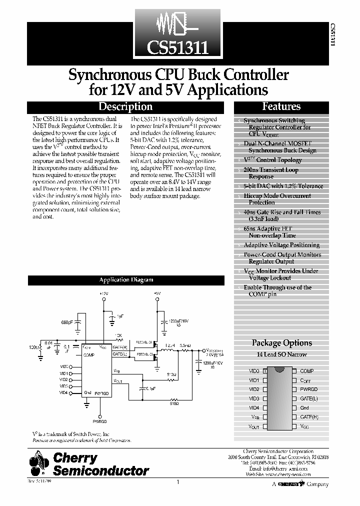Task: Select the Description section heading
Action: pyautogui.click(x=125, y=106)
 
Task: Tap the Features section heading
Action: pyautogui.click(x=281, y=106)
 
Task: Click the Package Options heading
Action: pyautogui.click(x=281, y=343)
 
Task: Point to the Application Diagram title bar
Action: pyautogui.click(x=126, y=280)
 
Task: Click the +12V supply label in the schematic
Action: pyautogui.click(x=103, y=293)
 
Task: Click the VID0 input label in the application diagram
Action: pyautogui.click(x=63, y=366)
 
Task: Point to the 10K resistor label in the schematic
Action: pyautogui.click(x=118, y=334)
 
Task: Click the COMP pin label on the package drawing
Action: pyautogui.click(x=306, y=371)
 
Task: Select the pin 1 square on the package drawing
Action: pyautogui.click(x=265, y=371)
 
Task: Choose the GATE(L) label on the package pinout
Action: pyautogui.click(x=309, y=398)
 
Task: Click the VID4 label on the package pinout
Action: pyautogui.click(x=254, y=407)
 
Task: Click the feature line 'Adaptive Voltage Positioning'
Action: pyautogui.click(x=281, y=245)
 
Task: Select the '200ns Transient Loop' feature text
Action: pyautogui.click(x=270, y=170)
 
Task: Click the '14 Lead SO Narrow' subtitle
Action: pyautogui.click(x=281, y=354)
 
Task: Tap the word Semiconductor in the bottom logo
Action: pyautogui.click(x=101, y=470)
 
